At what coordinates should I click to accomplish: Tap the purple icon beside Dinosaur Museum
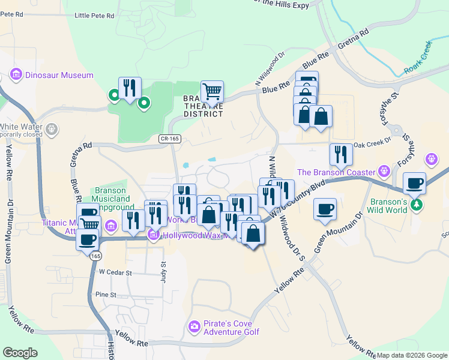click(16, 76)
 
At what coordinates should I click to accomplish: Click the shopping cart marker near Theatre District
click(212, 92)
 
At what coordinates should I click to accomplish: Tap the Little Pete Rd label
click(94, 16)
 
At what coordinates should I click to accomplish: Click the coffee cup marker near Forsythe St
click(414, 182)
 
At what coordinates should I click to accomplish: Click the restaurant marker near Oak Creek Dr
click(341, 154)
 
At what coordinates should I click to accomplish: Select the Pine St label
click(105, 295)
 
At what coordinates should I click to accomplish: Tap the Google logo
click(20, 352)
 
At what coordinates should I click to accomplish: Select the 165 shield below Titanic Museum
click(96, 256)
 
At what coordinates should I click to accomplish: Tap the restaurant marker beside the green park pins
click(130, 88)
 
